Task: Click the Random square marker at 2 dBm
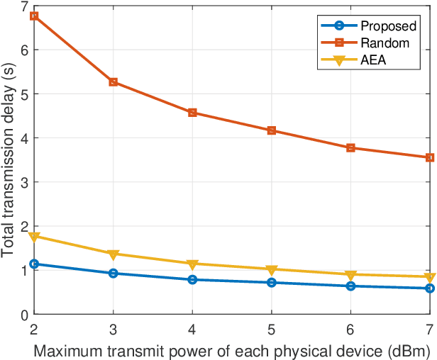pos(33,16)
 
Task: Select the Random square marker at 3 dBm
pos(113,82)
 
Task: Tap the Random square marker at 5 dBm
pos(272,130)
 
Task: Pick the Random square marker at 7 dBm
pos(430,157)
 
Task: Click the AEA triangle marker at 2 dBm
pos(33,237)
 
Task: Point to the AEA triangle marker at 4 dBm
pos(192,264)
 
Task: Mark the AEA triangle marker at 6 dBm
pos(350,275)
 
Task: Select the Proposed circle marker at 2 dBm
pos(33,264)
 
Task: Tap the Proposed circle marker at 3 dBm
pos(113,274)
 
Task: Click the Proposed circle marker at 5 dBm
pos(272,283)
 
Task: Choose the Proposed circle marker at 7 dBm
pos(430,288)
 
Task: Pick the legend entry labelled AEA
pos(372,60)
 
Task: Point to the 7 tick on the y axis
pos(24,6)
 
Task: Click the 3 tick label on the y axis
pos(24,182)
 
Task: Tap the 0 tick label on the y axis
pos(24,315)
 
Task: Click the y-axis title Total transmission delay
pos(9,159)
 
